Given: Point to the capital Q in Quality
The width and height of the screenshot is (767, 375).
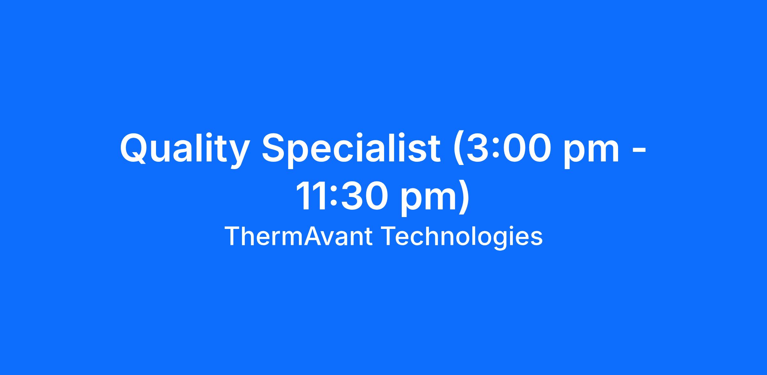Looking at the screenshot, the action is pos(133,149).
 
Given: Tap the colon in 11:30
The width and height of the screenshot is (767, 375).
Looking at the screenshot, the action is pos(333,199).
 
